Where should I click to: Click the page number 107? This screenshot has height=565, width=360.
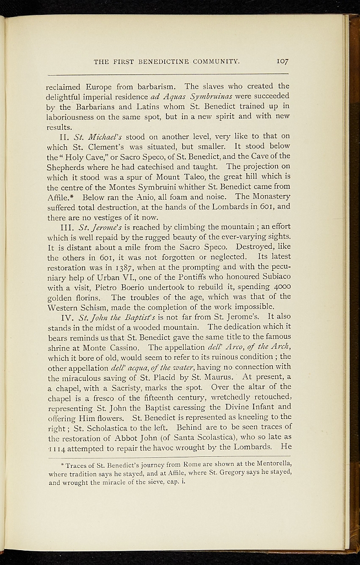click(x=283, y=61)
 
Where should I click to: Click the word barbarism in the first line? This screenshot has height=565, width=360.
click(x=155, y=87)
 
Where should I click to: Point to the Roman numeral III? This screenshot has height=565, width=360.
click(x=68, y=227)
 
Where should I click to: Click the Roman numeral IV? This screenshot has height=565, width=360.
click(x=68, y=317)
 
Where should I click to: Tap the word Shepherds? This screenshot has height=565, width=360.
click(x=68, y=167)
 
